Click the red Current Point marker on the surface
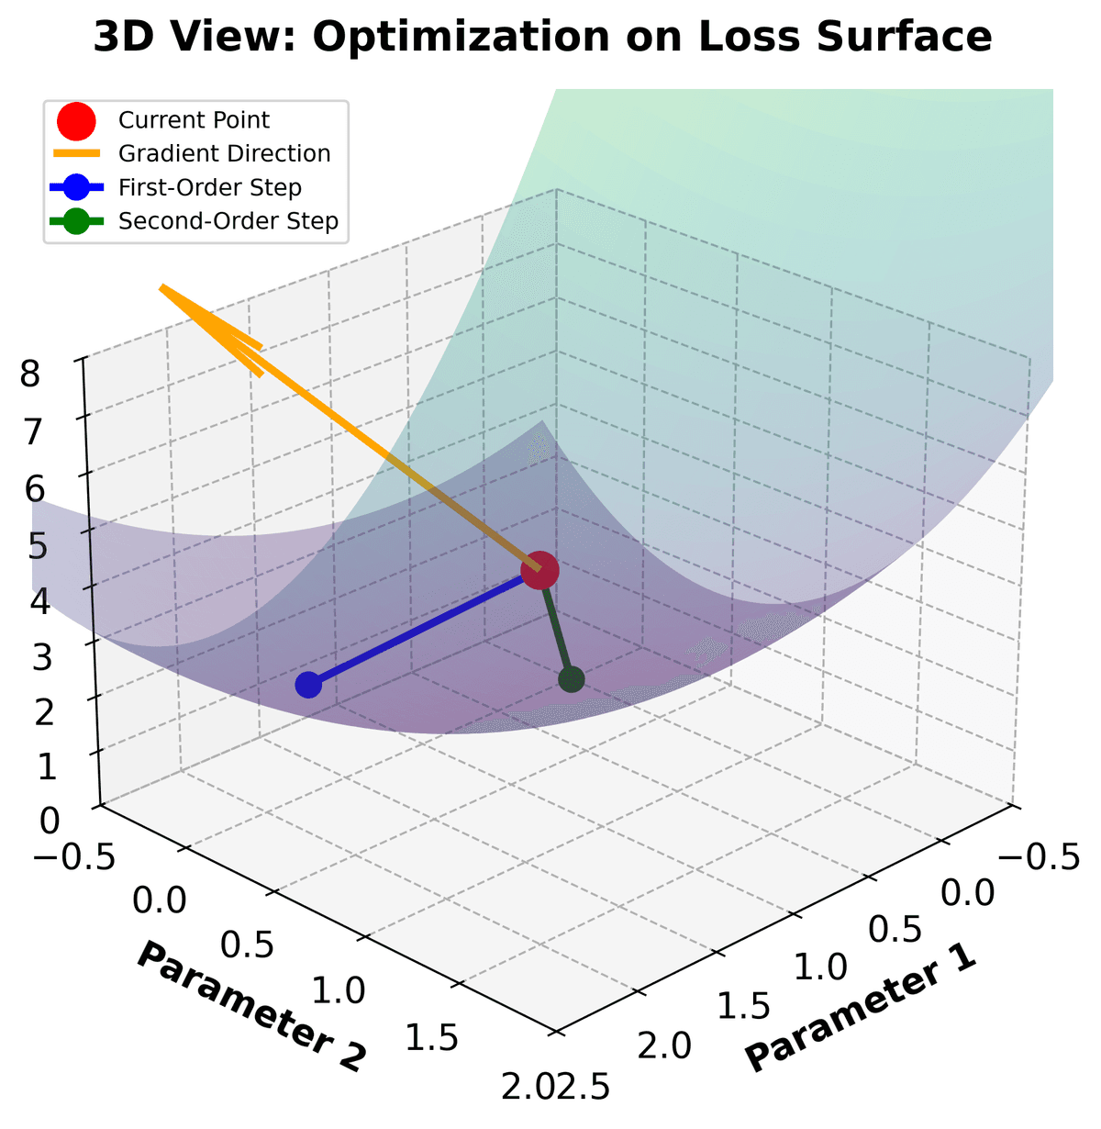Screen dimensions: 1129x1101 coord(539,571)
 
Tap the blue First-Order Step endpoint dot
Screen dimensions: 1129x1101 coord(309,685)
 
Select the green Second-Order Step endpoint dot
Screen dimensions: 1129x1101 coord(572,679)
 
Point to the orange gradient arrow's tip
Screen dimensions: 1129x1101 coord(162,287)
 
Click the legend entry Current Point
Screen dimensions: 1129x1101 coord(194,120)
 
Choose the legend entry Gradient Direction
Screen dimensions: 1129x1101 coord(224,154)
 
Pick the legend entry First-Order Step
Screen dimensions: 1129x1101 coord(210,188)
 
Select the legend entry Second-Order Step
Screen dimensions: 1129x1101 coord(228,221)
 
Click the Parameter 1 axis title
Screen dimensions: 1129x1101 coord(859,1008)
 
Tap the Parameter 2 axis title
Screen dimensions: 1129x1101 coord(251,1006)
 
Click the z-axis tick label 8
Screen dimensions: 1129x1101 coord(33,374)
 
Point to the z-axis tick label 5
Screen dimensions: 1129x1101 coord(37,547)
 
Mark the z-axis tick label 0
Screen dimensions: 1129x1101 coord(49,820)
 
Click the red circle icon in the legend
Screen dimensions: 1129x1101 coord(76,120)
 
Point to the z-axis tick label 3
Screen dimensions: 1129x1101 coord(39,657)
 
